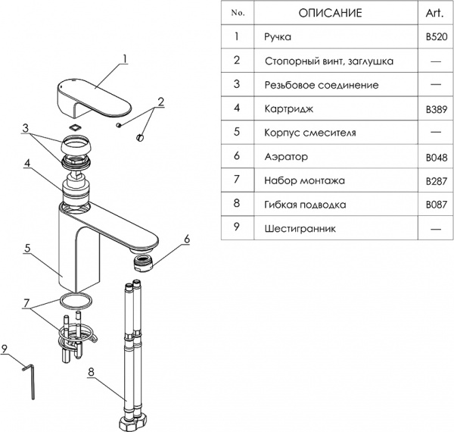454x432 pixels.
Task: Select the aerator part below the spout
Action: coord(145,265)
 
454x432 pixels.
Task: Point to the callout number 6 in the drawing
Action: coord(186,239)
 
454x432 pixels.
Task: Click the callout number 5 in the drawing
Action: coord(26,248)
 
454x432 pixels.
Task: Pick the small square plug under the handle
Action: coord(76,127)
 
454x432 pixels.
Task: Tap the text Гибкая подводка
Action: coord(305,205)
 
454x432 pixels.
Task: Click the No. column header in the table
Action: coord(237,13)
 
